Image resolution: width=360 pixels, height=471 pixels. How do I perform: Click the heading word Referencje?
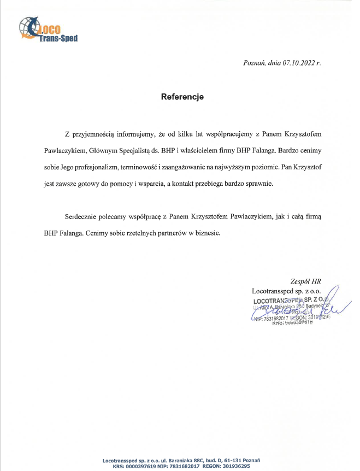[x=182, y=97]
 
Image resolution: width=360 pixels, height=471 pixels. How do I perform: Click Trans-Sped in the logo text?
[x=58, y=38]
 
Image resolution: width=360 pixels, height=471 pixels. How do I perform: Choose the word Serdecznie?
[x=82, y=217]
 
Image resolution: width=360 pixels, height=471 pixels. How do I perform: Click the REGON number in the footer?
[x=234, y=466]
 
